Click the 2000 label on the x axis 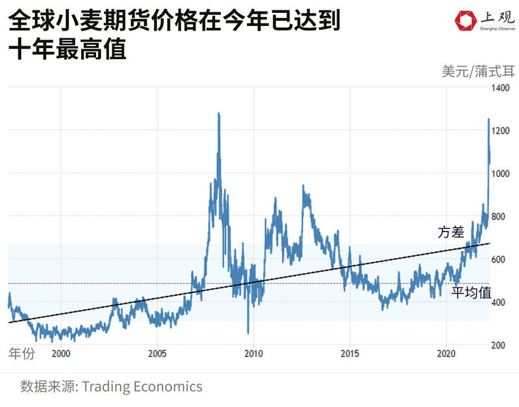(60, 354)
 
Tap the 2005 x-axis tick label (157, 354)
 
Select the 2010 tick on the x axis (253, 354)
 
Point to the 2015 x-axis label (349, 354)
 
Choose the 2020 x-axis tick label (446, 354)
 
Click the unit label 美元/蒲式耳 (477, 72)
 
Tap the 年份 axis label (21, 354)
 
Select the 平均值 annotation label (472, 293)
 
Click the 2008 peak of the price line (218, 114)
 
